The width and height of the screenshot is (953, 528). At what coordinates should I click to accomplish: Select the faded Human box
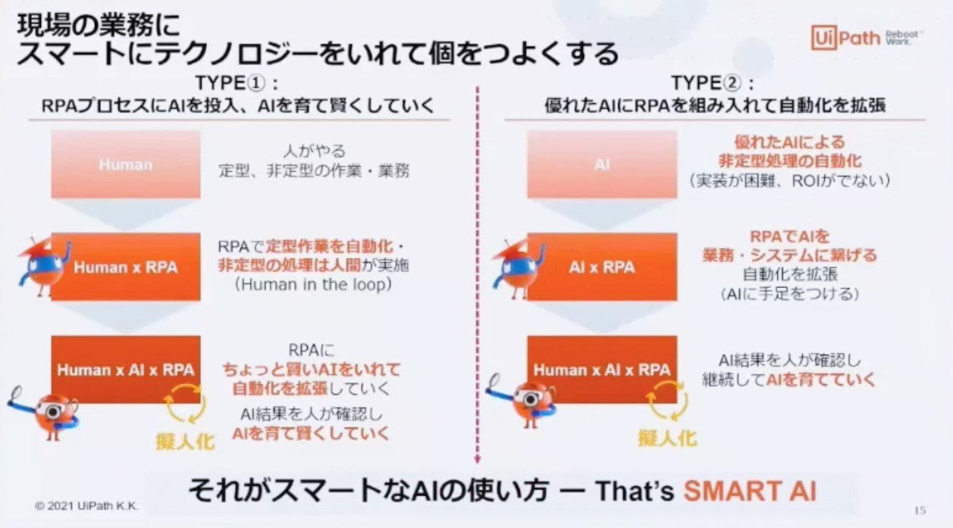pos(126,164)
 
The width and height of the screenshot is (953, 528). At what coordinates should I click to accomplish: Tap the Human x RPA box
pos(126,267)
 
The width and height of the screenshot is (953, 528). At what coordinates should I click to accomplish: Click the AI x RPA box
pos(602,267)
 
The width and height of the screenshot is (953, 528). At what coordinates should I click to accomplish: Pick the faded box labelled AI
pos(602,164)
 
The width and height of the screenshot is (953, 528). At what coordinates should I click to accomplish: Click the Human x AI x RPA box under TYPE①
pos(126,370)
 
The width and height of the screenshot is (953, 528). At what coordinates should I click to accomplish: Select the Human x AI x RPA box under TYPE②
pos(602,370)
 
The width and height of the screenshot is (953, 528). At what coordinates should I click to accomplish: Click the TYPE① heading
pos(237,83)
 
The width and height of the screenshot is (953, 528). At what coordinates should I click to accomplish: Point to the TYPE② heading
pos(713,83)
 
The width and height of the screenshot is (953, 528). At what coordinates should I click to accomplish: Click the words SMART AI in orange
pos(750,491)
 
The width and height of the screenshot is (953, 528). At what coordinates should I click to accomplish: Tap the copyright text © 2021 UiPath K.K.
pos(86,506)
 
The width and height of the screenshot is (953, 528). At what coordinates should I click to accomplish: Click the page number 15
pos(920,510)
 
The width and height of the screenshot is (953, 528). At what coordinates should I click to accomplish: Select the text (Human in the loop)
pos(313,284)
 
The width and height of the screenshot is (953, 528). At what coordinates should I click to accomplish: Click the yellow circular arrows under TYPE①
pos(185,403)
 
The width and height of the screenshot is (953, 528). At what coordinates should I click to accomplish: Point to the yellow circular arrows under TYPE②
pos(667,401)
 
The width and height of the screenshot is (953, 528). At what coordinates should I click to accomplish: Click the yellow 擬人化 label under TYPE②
pos(667,439)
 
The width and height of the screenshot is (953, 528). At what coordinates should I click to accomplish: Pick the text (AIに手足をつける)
pos(790,294)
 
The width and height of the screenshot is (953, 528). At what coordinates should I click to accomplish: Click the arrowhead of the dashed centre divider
pos(478,460)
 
